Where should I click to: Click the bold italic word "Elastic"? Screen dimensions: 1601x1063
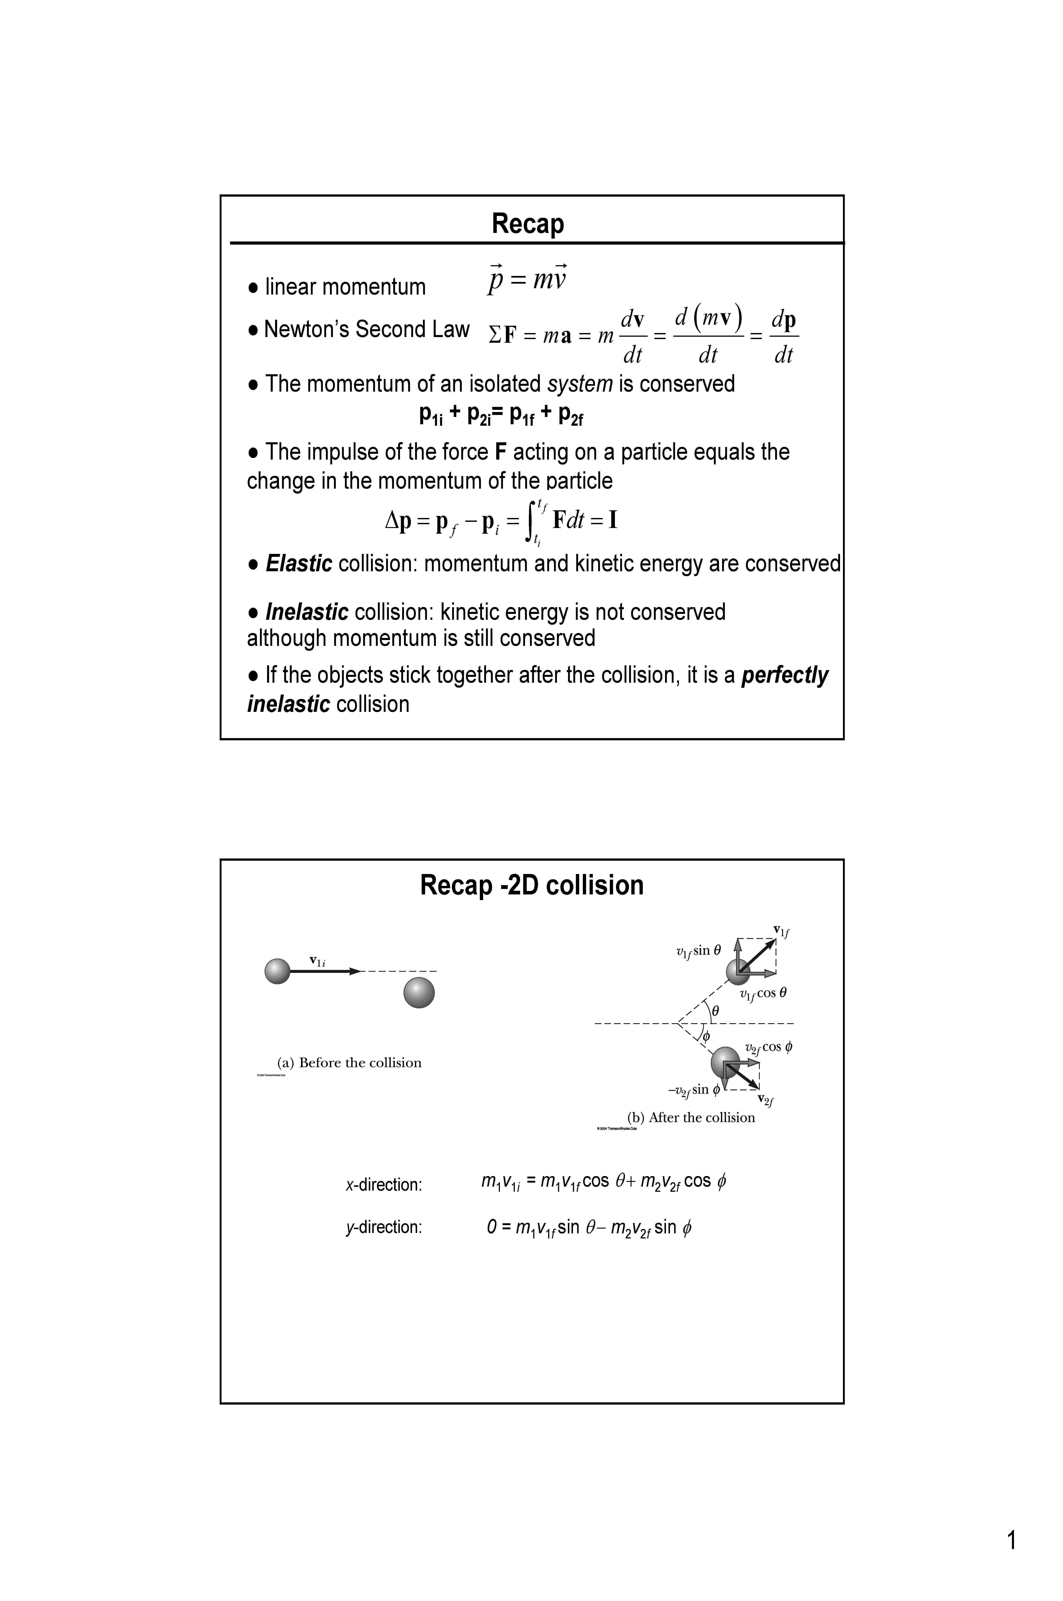point(298,564)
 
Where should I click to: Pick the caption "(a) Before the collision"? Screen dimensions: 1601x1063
point(349,1063)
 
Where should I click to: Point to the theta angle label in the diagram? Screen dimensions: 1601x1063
point(715,1011)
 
